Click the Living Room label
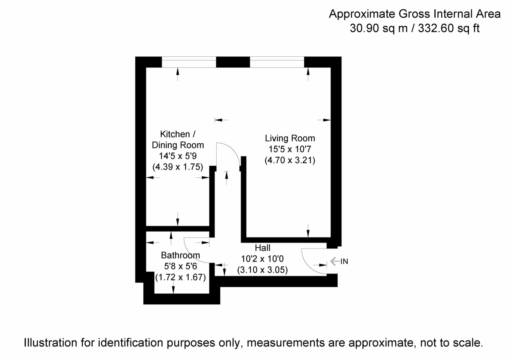click(x=290, y=138)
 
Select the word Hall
click(x=262, y=248)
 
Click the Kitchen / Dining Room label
click(x=178, y=140)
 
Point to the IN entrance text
click(x=344, y=262)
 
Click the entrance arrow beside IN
click(x=335, y=262)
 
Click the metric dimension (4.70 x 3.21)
click(x=290, y=161)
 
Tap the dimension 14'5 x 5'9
click(x=178, y=156)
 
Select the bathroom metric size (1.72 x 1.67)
click(x=180, y=278)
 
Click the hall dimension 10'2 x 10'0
click(x=262, y=259)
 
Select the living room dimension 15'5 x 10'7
click(x=290, y=149)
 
